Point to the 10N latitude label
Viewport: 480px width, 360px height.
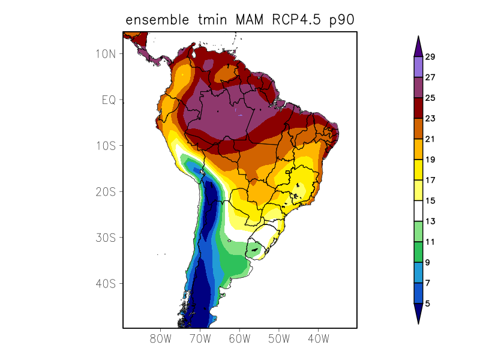[106, 53]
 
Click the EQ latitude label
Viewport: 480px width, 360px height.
[108, 100]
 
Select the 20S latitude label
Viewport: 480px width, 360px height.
[106, 191]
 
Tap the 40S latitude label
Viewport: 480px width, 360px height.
[106, 283]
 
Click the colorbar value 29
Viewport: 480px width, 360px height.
[430, 57]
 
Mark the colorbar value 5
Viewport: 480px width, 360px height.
[427, 304]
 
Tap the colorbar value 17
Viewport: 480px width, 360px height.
[430, 180]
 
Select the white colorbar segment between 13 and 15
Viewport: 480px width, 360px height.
[418, 211]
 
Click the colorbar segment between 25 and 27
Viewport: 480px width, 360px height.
[418, 88]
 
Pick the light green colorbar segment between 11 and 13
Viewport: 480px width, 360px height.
[418, 232]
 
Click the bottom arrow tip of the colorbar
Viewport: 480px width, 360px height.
[418, 323]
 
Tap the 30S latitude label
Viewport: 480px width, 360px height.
[106, 238]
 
